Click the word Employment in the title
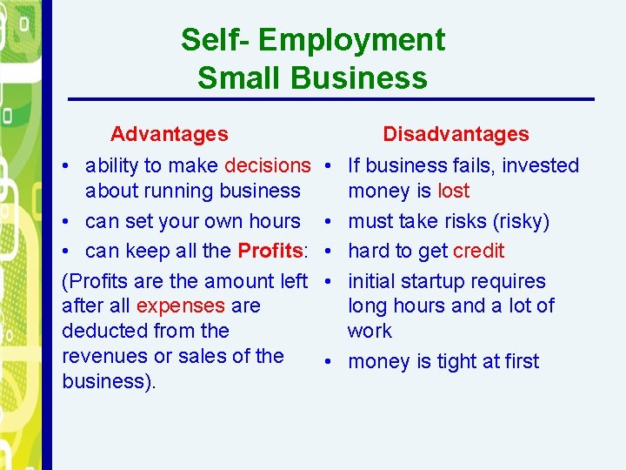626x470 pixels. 351,40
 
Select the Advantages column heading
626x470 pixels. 170,134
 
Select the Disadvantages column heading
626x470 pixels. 456,134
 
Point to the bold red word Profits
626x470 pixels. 270,252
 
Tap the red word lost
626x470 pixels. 454,191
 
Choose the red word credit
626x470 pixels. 478,252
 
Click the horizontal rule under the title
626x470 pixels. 330,99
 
